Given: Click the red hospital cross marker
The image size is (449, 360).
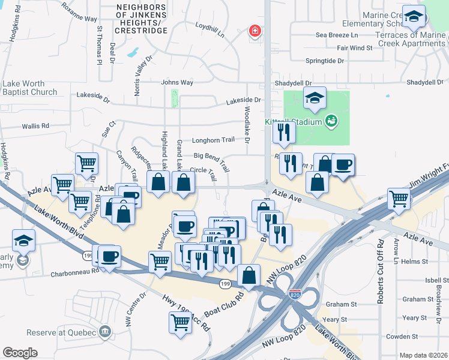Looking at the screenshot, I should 256,31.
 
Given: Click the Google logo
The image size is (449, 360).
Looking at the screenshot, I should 20,352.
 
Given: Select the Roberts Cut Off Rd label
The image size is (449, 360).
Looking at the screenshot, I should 381,271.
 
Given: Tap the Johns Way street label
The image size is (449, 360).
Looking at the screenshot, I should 177,82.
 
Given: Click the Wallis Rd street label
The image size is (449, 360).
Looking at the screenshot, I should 35,126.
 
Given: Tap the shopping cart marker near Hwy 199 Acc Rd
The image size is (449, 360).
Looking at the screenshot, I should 181,322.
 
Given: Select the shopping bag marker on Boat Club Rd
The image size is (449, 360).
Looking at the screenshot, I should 249,275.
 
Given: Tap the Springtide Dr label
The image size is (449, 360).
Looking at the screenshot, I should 324,61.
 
